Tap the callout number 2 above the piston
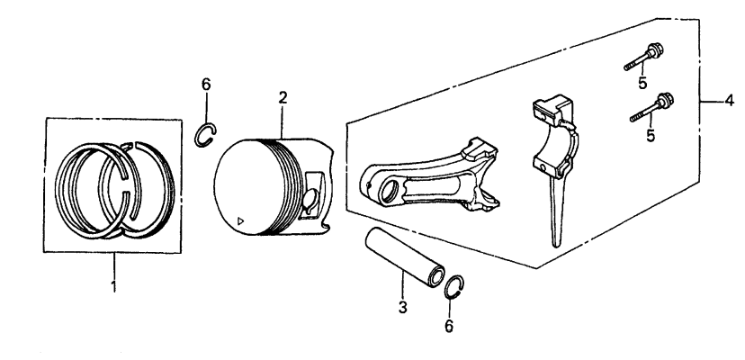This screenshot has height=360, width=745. coord(283,97)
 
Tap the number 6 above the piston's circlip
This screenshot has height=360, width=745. coord(205,84)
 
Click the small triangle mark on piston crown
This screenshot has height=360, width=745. coord(238,220)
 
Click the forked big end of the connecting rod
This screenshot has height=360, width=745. coord(481,153)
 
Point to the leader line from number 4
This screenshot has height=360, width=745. coord(715,101)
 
